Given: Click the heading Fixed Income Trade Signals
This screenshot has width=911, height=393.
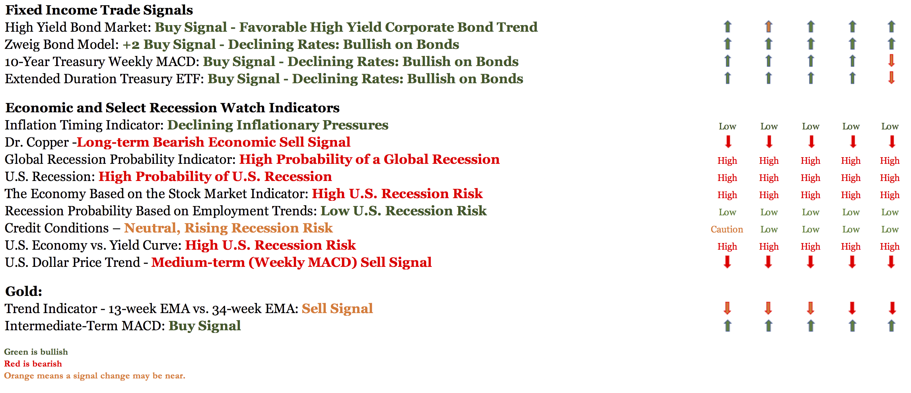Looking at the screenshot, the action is pos(99,10).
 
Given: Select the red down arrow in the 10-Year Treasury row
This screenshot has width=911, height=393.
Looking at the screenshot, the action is pos(891,61).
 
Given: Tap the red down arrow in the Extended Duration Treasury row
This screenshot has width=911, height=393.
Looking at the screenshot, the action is pos(891,78).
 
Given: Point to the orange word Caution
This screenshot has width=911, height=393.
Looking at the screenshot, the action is pos(727,229).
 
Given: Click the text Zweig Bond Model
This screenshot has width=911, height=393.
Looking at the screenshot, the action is pos(60,45).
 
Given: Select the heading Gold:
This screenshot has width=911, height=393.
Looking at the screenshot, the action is pos(24,292).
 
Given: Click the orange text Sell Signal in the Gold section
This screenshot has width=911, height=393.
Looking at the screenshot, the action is pos(337,309).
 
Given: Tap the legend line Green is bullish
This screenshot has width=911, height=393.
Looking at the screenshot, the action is pos(36,352).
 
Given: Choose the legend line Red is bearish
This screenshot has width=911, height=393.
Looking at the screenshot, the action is pos(33,364).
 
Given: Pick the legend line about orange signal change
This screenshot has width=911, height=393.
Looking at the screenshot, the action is pos(95,376).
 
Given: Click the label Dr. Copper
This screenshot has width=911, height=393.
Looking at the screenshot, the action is pos(37,142).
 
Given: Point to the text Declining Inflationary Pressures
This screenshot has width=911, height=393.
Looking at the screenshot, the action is pos(277,125).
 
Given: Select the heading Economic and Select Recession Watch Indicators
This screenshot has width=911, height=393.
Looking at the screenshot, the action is pos(172,108).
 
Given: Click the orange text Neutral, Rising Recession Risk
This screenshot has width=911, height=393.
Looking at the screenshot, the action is pos(229,228).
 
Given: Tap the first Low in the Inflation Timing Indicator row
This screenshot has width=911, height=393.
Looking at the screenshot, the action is pos(727,126).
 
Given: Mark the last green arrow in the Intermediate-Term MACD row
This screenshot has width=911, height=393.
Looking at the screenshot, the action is pos(891,325).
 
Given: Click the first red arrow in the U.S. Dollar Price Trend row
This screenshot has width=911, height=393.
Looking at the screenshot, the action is pos(727,262).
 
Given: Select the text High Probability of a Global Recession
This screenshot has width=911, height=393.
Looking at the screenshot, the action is pos(370,160).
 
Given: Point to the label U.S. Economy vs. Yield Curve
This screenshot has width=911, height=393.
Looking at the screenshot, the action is pos(91,245).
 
